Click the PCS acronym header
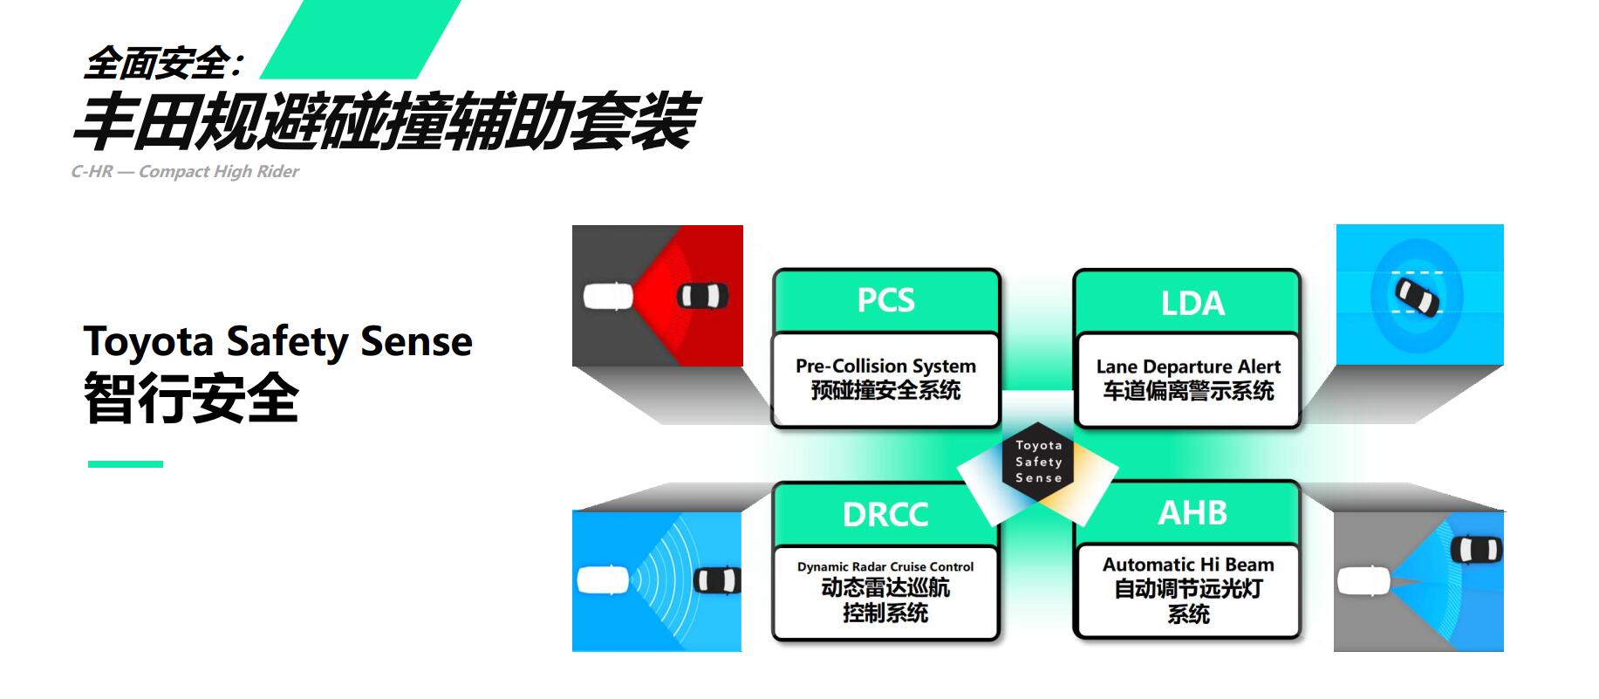885,300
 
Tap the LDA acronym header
1192,303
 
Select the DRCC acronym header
885,514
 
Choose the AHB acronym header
1192,512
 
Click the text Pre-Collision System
885,366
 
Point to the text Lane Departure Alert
1188,367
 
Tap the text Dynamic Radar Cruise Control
885,566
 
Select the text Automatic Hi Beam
1188,565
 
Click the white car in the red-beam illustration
608,296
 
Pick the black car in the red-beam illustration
703,296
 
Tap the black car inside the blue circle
1416,295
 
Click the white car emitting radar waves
603,580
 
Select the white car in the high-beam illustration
1363,580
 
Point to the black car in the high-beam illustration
1476,550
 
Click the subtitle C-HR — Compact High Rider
185,171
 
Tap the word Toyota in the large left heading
148,342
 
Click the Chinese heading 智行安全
192,398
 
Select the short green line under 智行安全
126,464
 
